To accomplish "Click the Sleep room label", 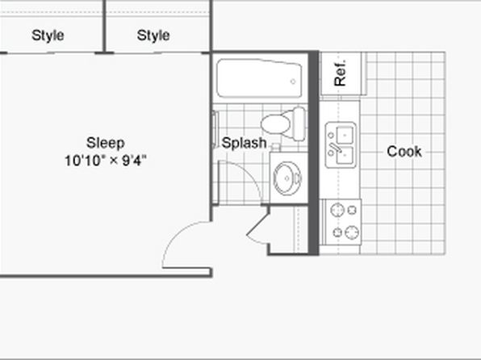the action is click(x=106, y=143).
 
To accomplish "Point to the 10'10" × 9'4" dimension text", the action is click(x=106, y=161).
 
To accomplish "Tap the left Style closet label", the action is click(x=48, y=36).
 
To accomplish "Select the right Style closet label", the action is click(x=153, y=36).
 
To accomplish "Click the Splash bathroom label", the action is click(x=244, y=143).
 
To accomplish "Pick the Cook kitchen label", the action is click(x=404, y=151).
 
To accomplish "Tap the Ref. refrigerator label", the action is click(x=341, y=73).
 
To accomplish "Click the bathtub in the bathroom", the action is click(x=259, y=78).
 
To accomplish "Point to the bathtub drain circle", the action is click(x=293, y=82).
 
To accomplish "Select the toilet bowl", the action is click(x=276, y=123).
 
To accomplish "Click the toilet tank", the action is click(x=299, y=123).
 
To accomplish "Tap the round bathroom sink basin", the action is click(x=287, y=178).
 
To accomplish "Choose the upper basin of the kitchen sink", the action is click(x=345, y=135).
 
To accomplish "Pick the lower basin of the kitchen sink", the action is click(x=345, y=155).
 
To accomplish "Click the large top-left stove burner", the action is click(x=337, y=210).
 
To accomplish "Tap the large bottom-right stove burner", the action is click(x=352, y=232).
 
